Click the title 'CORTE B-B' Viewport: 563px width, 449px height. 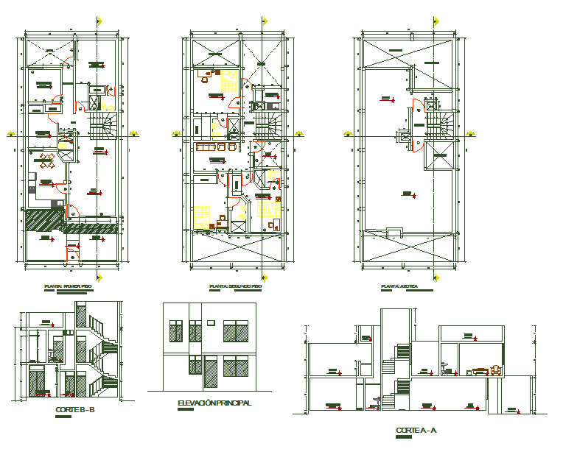(x=75, y=410)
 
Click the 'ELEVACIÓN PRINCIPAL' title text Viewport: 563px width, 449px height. (x=214, y=403)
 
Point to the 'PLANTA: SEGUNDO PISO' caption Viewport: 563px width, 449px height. (x=235, y=286)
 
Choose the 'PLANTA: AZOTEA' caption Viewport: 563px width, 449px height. (x=399, y=286)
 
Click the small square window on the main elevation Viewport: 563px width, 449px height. (x=210, y=322)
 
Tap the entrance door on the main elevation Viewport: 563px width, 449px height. (x=210, y=372)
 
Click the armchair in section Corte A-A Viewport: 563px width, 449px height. (x=496, y=370)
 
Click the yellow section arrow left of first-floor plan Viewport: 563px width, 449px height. (x=10, y=134)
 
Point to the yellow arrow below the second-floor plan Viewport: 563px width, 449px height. (x=263, y=277)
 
